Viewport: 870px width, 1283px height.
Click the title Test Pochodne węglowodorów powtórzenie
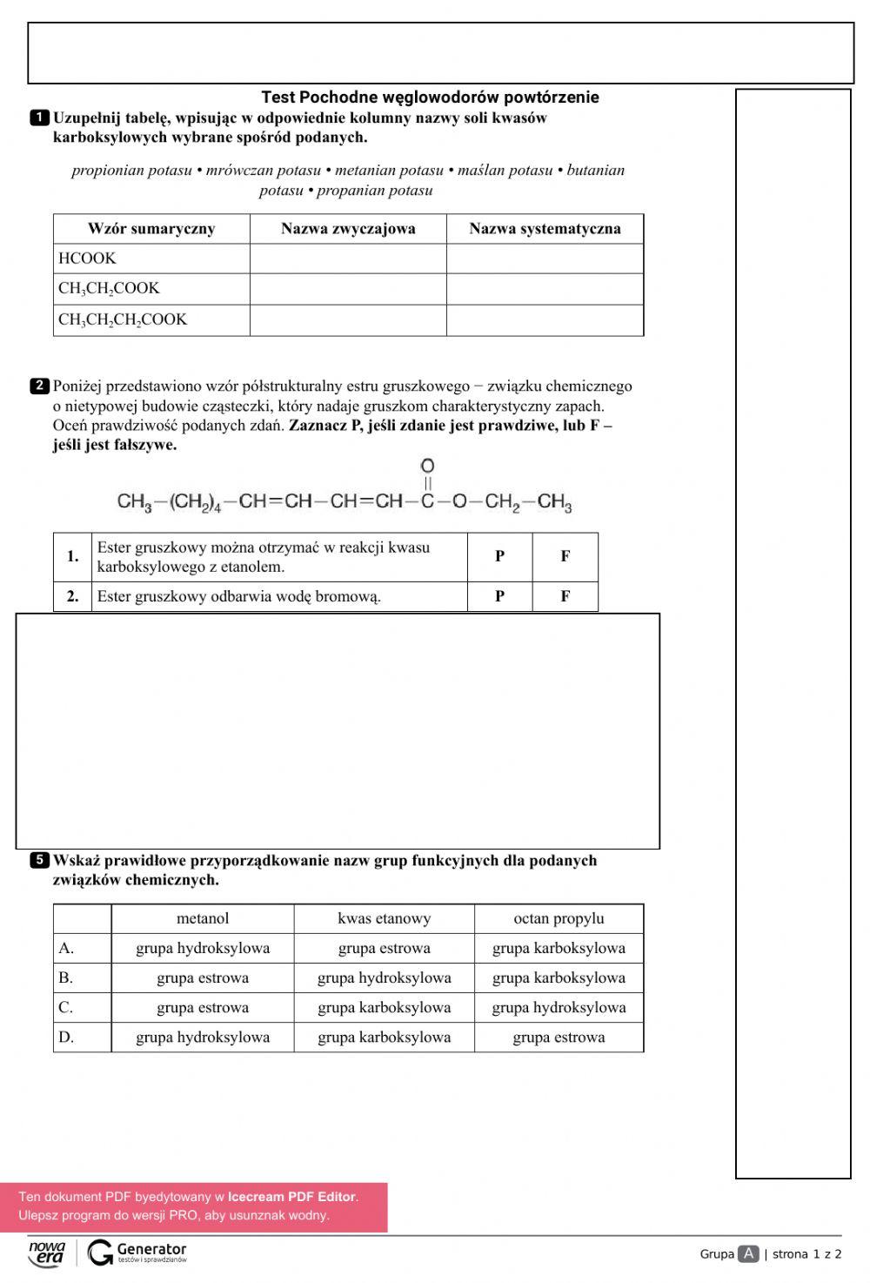[x=430, y=97]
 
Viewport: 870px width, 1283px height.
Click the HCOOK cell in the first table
[x=87, y=259]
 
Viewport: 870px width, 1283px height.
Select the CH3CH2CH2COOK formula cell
[x=123, y=319]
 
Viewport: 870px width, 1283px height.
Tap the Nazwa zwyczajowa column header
[x=348, y=229]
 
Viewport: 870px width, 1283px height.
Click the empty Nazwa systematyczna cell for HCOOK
[x=545, y=259]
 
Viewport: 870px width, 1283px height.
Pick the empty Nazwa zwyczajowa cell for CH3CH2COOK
[x=348, y=289]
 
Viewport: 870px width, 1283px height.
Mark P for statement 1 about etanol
[x=499, y=556]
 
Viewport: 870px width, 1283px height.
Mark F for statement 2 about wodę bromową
[x=565, y=596]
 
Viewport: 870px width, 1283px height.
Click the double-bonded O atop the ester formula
[x=427, y=467]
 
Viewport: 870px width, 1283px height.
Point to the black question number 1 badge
[x=39, y=118]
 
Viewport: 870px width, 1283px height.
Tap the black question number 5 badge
[x=39, y=861]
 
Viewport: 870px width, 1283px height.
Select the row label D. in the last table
[x=67, y=1038]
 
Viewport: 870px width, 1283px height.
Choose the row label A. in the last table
[x=66, y=949]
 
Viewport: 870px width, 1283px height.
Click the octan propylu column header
[x=559, y=918]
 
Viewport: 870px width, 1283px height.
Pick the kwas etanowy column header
[x=384, y=918]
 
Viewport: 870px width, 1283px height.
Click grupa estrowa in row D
[x=559, y=1038]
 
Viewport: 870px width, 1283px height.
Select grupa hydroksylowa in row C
[x=559, y=1008]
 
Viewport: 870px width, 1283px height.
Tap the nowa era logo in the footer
[x=47, y=1253]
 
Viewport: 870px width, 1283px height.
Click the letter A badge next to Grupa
[x=747, y=1253]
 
